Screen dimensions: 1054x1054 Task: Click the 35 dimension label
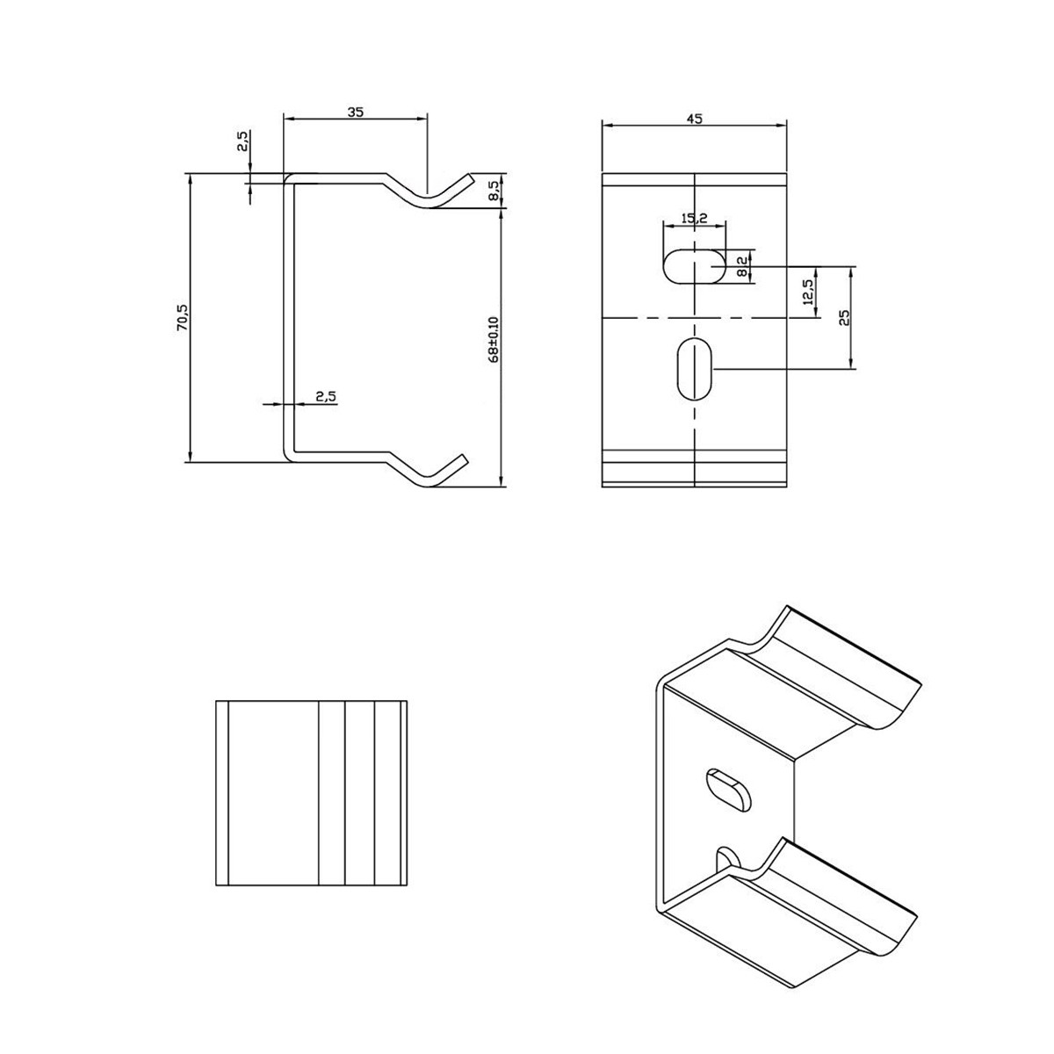355,112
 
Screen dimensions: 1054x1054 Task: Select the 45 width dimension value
694,119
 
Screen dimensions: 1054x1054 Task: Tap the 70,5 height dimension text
182,317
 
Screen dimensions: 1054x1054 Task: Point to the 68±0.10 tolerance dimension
494,339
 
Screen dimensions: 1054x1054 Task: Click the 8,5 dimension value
493,191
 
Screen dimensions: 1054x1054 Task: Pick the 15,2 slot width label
695,218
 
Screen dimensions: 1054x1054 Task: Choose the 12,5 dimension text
808,292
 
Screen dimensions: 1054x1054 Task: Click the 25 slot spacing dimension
844,318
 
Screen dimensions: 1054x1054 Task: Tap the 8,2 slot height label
742,267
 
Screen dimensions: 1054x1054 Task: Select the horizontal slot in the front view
695,266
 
